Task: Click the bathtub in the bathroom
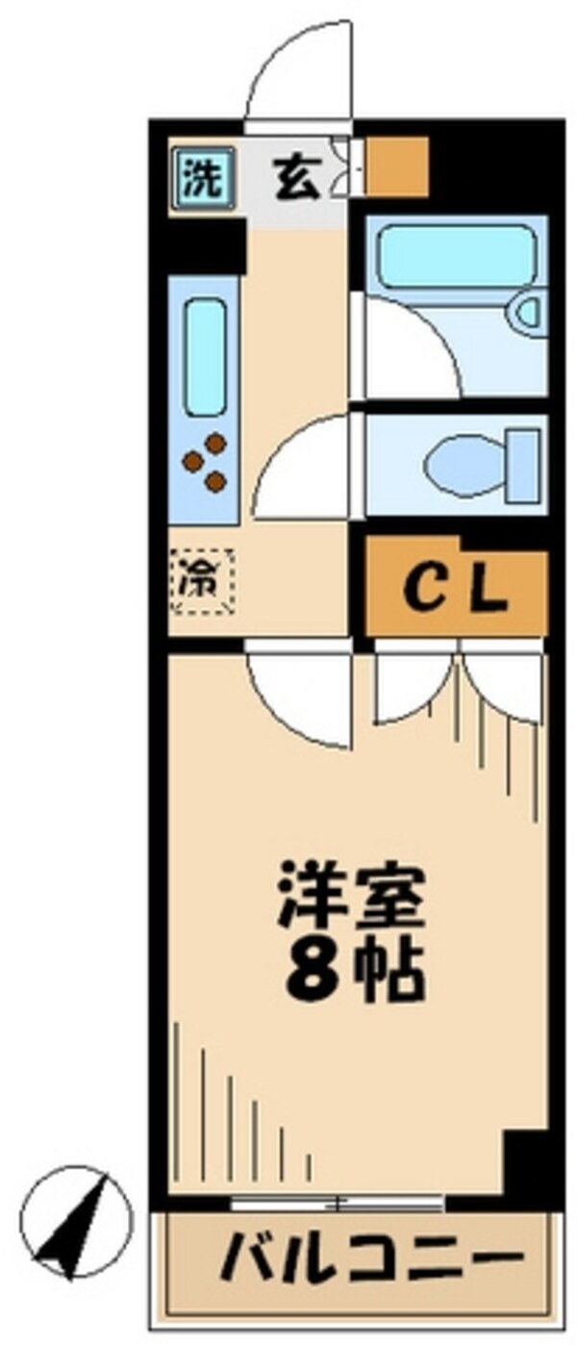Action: tap(456, 255)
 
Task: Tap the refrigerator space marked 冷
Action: tap(202, 579)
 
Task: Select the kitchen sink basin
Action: tap(205, 356)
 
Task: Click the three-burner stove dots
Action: tap(207, 462)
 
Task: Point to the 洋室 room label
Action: tap(351, 895)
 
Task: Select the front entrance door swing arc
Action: tap(293, 67)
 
